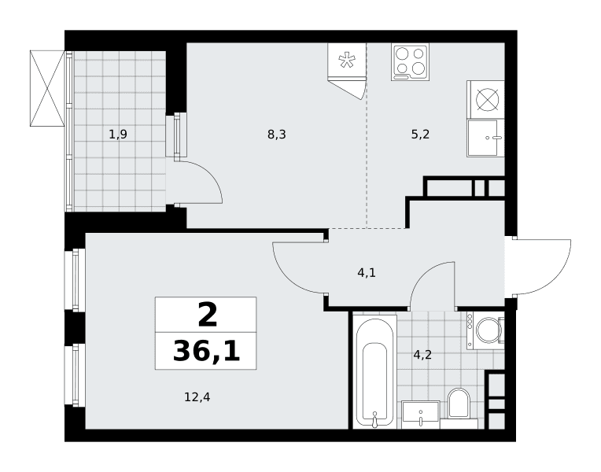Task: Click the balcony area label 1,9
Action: coord(118,135)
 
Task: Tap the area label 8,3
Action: coord(277,135)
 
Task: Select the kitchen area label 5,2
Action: coord(421,135)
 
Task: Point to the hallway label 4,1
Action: coord(367,273)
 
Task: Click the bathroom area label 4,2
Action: coord(422,355)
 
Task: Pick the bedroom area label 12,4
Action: coord(197,397)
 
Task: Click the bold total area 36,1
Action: coord(207,352)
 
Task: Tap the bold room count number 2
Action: coord(208,315)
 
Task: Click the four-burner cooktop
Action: coord(410,61)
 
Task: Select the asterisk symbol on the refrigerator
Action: coord(347,61)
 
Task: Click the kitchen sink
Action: coord(485,138)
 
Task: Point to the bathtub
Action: coord(374,371)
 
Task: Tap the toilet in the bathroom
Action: coord(459,404)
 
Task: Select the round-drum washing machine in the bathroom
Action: coord(485,330)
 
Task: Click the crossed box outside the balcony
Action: coord(47,88)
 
